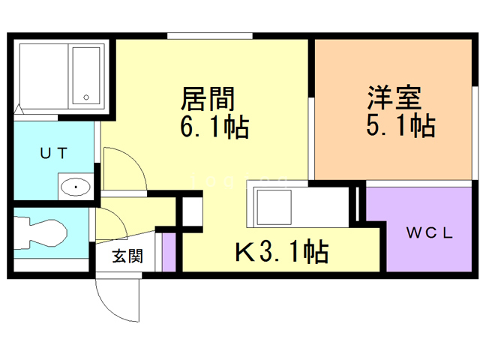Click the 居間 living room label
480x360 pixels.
coord(208,98)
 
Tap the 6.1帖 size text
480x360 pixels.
coord(214,127)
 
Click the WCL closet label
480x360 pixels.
coord(429,232)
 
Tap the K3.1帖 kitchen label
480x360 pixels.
coord(281,253)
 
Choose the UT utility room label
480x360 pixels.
coord(54,154)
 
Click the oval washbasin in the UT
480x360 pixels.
coord(76,186)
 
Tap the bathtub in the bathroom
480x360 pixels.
coord(86,75)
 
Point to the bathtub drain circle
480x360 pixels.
coord(86,97)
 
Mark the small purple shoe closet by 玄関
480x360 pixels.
coord(169,253)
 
